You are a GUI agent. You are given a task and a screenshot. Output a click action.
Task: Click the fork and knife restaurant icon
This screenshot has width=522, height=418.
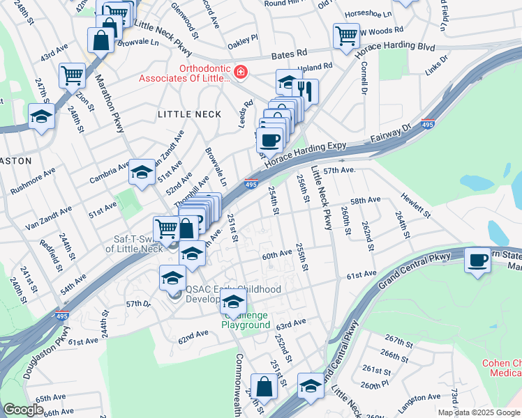click(x=306, y=90)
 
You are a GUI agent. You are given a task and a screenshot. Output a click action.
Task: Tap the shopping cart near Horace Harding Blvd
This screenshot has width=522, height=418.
click(x=346, y=36)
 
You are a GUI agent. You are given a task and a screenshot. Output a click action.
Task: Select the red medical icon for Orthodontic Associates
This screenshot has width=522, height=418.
click(x=241, y=71)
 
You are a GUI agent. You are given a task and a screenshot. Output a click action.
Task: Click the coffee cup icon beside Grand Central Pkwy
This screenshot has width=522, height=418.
click(x=478, y=260)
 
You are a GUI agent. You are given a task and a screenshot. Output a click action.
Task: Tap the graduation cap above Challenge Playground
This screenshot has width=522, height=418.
click(x=234, y=302)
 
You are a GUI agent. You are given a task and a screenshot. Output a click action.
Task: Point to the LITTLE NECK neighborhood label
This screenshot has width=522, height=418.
click(x=189, y=114)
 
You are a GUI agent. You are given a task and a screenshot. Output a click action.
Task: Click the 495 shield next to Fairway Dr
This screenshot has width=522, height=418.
click(x=428, y=124)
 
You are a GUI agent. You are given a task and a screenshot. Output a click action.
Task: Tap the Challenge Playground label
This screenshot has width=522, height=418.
click(x=246, y=320)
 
